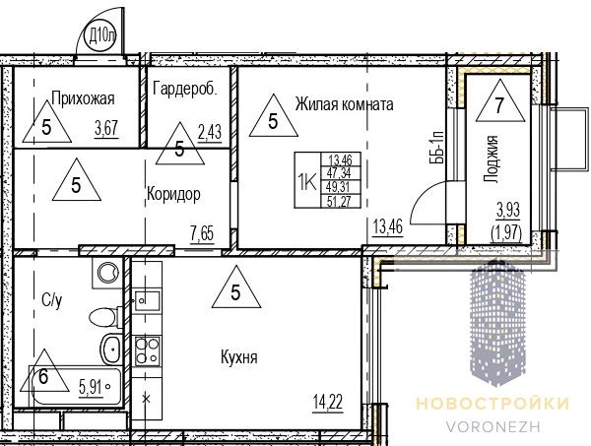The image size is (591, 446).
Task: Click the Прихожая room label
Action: click(x=83, y=98)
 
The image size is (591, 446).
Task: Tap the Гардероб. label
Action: click(x=185, y=89)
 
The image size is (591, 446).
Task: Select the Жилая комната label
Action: click(x=344, y=104)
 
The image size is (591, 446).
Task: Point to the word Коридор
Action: click(x=173, y=194)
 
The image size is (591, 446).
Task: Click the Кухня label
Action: click(x=239, y=357)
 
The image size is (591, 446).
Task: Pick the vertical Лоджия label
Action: click(x=491, y=159)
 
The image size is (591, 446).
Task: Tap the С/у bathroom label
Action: click(x=52, y=300)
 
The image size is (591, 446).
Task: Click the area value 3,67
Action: click(x=106, y=129)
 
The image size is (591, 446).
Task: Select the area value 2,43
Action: click(x=210, y=132)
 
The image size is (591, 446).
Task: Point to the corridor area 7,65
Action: click(x=202, y=234)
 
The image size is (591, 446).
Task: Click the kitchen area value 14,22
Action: click(x=328, y=403)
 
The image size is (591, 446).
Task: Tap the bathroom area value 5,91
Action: click(x=91, y=386)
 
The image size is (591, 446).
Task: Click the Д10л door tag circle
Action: click(x=100, y=36)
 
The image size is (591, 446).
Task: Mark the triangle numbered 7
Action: click(x=500, y=101)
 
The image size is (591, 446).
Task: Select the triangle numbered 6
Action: click(x=44, y=371)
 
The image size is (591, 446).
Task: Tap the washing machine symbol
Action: click(x=107, y=273)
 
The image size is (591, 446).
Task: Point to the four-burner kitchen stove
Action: click(x=148, y=350)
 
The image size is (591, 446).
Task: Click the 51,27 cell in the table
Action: click(x=340, y=202)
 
